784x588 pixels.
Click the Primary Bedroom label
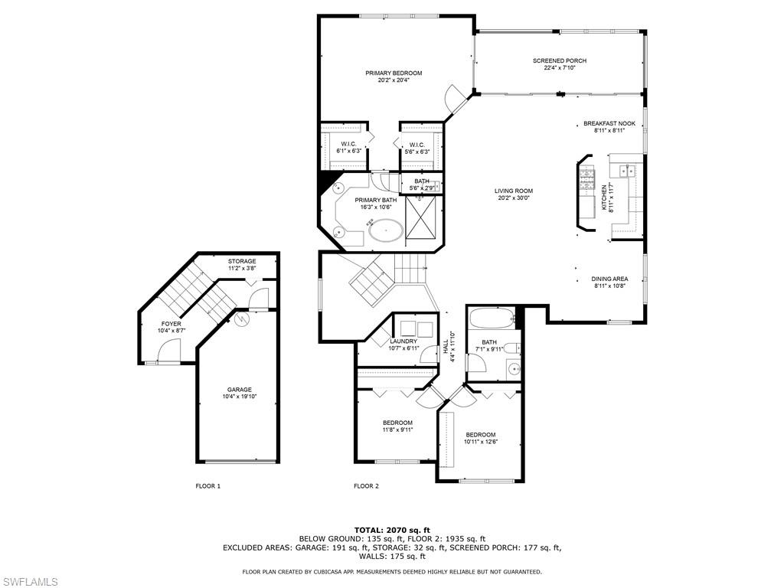click(x=394, y=73)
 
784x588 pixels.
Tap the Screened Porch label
click(x=560, y=60)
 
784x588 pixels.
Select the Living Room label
click(x=514, y=191)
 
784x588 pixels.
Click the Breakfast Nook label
click(x=609, y=123)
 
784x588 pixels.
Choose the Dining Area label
click(x=609, y=279)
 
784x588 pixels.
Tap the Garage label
click(x=240, y=390)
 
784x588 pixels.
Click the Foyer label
click(x=171, y=324)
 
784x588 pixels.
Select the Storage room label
click(x=242, y=261)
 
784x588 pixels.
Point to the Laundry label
click(x=403, y=341)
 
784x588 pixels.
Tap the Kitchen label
click(x=604, y=198)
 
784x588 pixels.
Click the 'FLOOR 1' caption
click(x=207, y=486)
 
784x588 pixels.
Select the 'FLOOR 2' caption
click(x=367, y=486)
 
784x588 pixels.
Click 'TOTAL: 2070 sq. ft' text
click(x=392, y=530)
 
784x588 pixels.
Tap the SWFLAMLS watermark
click(x=29, y=582)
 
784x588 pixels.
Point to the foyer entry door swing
click(x=169, y=349)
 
